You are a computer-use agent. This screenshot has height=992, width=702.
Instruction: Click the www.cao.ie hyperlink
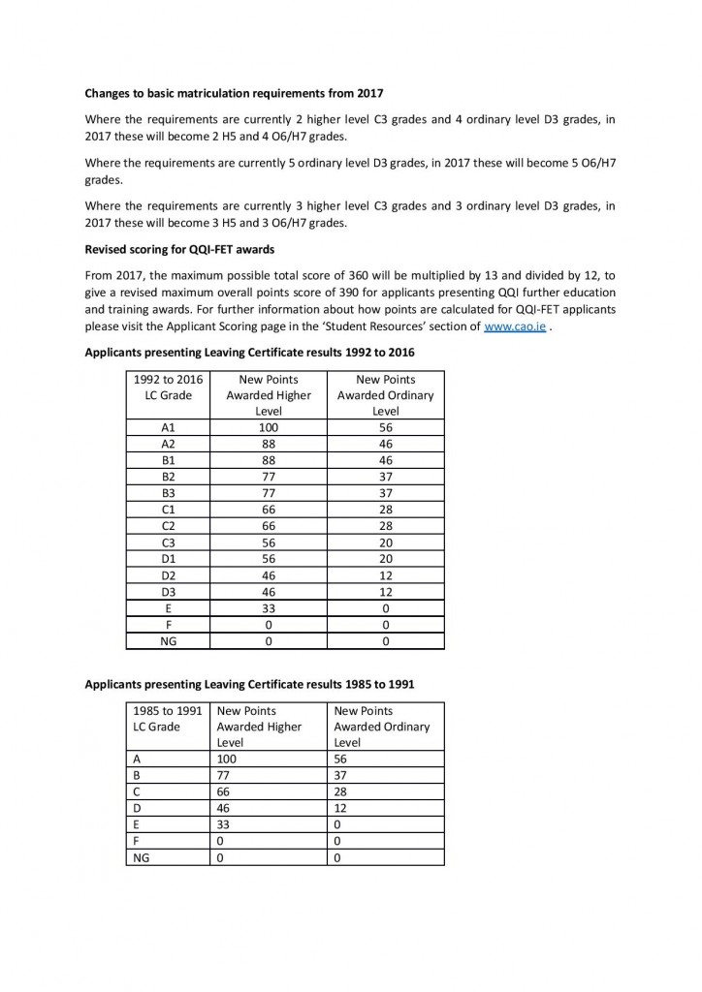point(514,326)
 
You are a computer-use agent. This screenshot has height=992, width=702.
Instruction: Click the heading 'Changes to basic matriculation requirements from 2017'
point(235,93)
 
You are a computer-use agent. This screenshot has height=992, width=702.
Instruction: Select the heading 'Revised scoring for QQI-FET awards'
point(179,249)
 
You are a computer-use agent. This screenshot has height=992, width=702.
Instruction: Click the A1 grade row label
point(170,426)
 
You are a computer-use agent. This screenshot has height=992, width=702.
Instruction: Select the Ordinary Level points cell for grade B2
point(386,478)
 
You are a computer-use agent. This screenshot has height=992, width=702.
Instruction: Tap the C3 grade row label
point(170,543)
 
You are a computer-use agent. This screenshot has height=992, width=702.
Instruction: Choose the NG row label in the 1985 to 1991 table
point(141,857)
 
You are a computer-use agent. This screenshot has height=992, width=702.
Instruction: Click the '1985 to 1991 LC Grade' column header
point(169,719)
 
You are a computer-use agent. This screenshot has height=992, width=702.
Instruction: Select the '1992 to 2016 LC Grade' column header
point(170,387)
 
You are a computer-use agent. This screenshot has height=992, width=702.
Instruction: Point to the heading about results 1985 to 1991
point(250,683)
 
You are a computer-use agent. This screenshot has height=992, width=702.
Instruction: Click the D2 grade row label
point(170,576)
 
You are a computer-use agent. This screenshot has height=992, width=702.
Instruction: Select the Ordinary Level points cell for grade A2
point(386,444)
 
